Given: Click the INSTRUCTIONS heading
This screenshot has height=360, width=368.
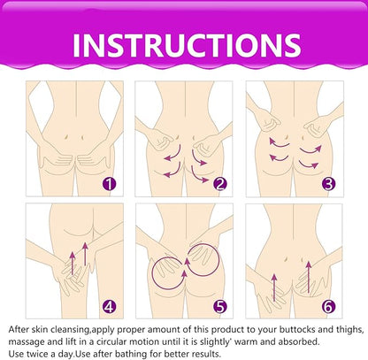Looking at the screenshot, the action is click(x=187, y=45).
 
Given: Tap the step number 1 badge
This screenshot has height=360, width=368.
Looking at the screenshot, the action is click(x=110, y=184).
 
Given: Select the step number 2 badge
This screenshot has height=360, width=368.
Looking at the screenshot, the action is click(x=220, y=184).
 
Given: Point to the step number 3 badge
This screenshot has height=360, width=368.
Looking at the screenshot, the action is click(x=328, y=184).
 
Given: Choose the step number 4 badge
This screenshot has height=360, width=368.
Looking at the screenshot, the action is click(x=110, y=307).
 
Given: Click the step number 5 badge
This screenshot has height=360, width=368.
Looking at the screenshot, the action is click(x=220, y=307).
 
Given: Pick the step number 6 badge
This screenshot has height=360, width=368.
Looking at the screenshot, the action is click(x=328, y=307).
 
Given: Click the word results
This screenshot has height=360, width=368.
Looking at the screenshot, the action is click(x=206, y=354).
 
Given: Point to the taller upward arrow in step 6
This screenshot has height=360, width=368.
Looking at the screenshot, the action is click(x=309, y=277).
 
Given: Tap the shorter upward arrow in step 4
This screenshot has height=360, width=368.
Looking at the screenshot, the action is click(x=73, y=264).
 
